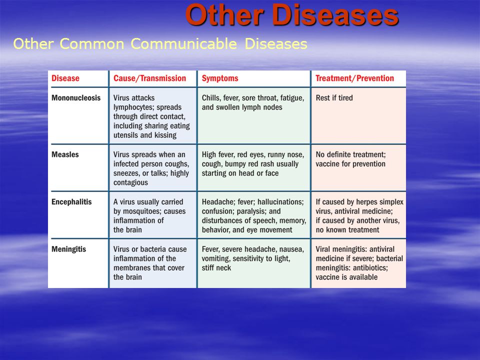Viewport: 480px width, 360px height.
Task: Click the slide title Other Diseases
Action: [x=291, y=15]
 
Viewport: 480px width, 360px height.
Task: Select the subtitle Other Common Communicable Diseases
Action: [x=160, y=44]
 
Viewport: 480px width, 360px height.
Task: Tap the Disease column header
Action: [x=65, y=78]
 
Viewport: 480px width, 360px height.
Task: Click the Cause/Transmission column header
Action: [x=149, y=78]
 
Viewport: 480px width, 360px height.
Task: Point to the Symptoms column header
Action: [x=220, y=78]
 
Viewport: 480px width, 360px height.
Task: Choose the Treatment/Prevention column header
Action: [x=355, y=78]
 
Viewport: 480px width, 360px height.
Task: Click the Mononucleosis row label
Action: [x=76, y=98]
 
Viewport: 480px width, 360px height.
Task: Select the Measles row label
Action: [x=65, y=154]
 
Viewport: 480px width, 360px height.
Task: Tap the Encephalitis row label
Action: [x=71, y=202]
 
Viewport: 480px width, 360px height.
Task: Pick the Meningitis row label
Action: [x=68, y=249]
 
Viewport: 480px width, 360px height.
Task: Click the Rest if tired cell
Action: [x=334, y=98]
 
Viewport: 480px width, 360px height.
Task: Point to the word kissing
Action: [x=165, y=135]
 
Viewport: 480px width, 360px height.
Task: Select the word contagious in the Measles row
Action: [x=130, y=182]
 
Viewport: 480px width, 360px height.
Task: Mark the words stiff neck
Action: [x=216, y=268]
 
